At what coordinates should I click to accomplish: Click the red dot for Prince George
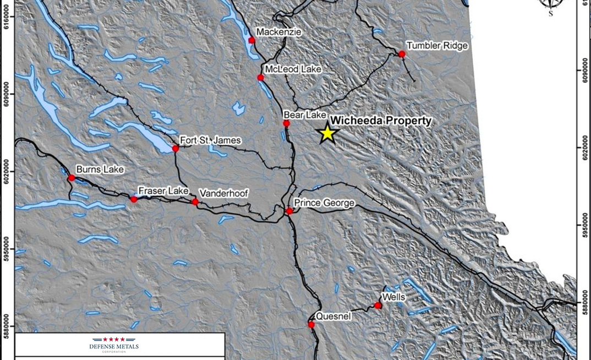pos(289,211)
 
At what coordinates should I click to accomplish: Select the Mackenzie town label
pos(279,32)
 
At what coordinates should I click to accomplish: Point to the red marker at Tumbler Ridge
pos(402,54)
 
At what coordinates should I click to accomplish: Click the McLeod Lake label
pos(293,69)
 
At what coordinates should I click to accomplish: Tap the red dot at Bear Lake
pos(286,123)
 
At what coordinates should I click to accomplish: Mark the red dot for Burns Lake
pos(71,178)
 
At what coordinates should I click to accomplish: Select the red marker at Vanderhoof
pos(195,202)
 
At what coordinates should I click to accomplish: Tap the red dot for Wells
pos(377,306)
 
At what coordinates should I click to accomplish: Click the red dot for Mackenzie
pos(252,40)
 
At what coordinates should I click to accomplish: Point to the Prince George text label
pos(324,203)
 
